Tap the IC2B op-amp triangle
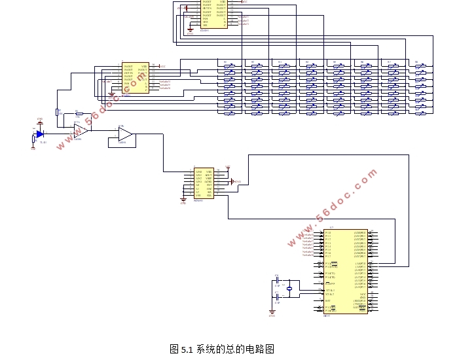(x=124, y=135)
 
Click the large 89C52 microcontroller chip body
(x=345, y=271)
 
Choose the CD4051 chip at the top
(x=213, y=13)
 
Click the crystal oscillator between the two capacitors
(x=289, y=287)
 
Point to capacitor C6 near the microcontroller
(x=277, y=281)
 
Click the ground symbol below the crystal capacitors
(x=272, y=312)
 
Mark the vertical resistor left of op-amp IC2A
(x=57, y=112)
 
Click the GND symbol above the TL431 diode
(x=40, y=120)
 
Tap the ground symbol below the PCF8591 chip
(x=183, y=201)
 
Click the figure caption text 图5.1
(x=221, y=349)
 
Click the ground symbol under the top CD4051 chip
(x=190, y=30)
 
